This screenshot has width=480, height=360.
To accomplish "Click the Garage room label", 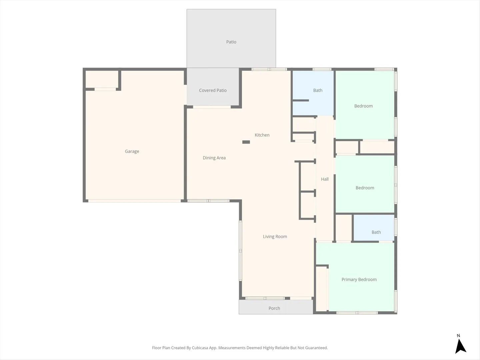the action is pyautogui.click(x=132, y=151).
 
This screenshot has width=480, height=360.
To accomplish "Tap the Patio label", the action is pyautogui.click(x=231, y=42).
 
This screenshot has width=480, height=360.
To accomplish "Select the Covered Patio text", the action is pyautogui.click(x=213, y=90).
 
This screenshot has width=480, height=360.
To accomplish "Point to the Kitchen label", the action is pyautogui.click(x=262, y=135).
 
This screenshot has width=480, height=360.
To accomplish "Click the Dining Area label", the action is pyautogui.click(x=214, y=158).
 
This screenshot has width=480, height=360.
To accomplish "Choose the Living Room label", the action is pyautogui.click(x=275, y=237).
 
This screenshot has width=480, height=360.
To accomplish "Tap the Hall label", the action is pyautogui.click(x=325, y=179).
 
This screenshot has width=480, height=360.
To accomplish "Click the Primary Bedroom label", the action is pyautogui.click(x=359, y=279).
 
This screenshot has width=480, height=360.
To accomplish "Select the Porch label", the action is pyautogui.click(x=274, y=308).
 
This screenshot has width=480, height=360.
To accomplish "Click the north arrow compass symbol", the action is pyautogui.click(x=460, y=346).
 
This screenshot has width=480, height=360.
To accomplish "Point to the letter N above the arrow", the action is pyautogui.click(x=458, y=336).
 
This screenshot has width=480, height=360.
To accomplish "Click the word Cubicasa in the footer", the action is pyautogui.click(x=200, y=348).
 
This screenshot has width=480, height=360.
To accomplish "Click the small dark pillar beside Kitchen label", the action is pyautogui.click(x=246, y=142).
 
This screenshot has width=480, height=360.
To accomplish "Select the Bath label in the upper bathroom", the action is pyautogui.click(x=318, y=90).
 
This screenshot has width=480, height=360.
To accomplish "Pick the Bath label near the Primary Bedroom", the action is pyautogui.click(x=376, y=232).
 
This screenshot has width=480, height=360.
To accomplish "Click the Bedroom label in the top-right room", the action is pyautogui.click(x=363, y=106).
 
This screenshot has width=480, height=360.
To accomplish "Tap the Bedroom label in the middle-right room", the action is pyautogui.click(x=365, y=188).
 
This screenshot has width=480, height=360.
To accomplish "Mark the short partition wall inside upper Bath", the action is pyautogui.click(x=301, y=101).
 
